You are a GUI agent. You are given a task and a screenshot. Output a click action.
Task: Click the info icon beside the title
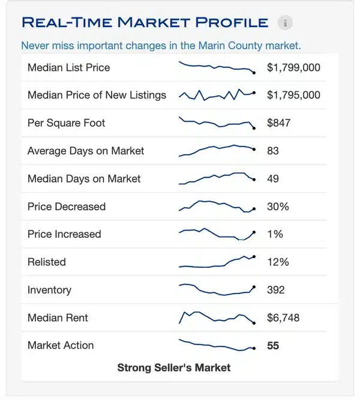(x=286, y=23)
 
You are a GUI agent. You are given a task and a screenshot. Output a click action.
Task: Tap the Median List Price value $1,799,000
(x=293, y=67)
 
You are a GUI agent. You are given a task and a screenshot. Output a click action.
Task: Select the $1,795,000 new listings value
(x=293, y=95)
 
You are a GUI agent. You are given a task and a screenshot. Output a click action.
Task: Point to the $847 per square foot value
(x=278, y=123)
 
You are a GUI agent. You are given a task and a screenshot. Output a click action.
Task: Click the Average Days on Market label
(x=86, y=151)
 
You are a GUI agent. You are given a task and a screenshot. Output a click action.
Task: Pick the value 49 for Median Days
(x=273, y=178)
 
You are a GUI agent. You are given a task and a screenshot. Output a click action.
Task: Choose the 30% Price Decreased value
(x=278, y=207)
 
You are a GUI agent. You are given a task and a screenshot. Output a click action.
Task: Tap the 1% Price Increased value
(x=275, y=234)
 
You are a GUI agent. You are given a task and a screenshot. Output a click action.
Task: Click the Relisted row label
(x=47, y=262)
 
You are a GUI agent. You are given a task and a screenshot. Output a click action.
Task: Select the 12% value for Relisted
(x=278, y=262)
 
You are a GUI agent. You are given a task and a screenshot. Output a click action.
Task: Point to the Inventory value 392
(x=276, y=290)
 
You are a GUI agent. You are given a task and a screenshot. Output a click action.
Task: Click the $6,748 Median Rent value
(x=283, y=318)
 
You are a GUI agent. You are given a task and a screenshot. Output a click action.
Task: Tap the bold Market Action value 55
(x=273, y=346)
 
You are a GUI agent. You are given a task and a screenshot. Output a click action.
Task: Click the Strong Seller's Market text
(x=173, y=367)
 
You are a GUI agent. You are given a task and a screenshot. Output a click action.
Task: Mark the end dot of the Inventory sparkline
(x=254, y=287)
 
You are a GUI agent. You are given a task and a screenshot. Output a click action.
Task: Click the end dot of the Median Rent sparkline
(x=254, y=323)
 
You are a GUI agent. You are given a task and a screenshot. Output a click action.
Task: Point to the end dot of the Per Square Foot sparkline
(x=254, y=128)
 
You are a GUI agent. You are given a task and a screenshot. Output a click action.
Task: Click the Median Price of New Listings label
(x=97, y=95)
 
